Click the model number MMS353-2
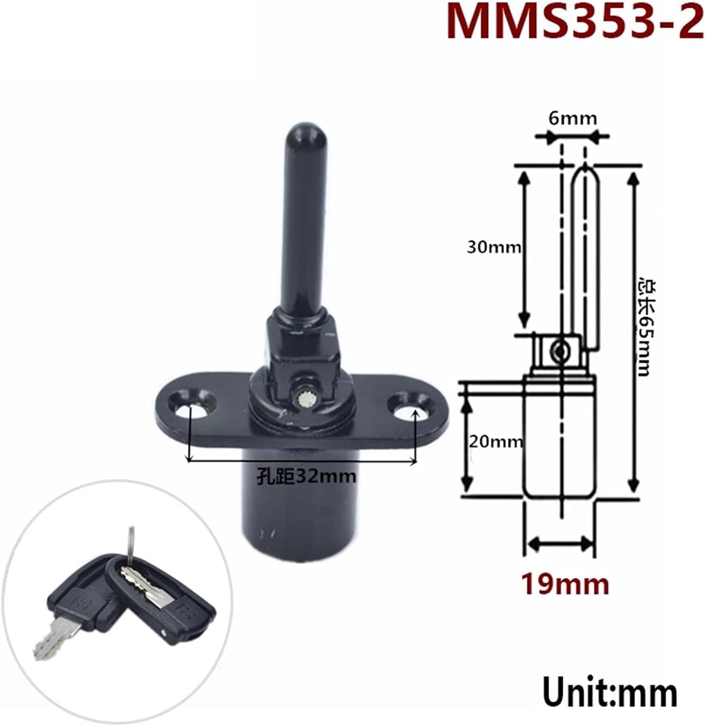point(574,22)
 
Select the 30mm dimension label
point(494,247)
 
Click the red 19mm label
point(565,584)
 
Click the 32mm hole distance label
point(306,477)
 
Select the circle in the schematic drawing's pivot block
point(561,349)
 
